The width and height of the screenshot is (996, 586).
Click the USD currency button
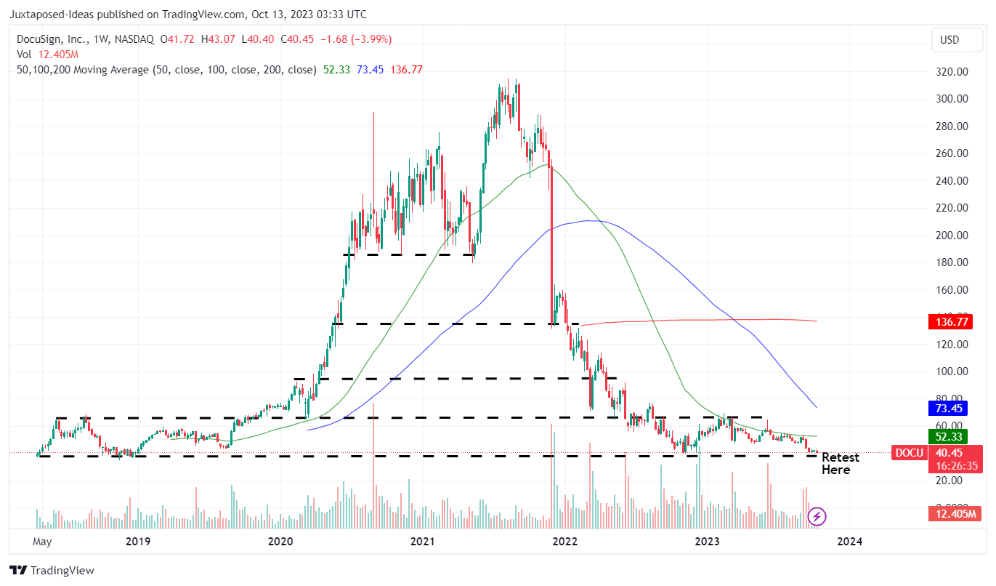(950, 40)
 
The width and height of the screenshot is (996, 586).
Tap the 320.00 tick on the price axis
(952, 72)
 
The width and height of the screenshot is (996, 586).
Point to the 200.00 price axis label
(952, 236)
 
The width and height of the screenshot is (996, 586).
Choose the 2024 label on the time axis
(849, 541)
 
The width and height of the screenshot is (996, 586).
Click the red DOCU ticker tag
(909, 453)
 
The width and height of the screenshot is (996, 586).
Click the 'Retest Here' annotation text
(840, 464)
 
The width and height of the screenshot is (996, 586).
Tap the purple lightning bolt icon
(817, 517)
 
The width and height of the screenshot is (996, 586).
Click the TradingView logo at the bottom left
(52, 571)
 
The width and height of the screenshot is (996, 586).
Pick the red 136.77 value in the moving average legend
(407, 70)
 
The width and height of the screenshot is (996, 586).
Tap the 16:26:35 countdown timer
(952, 467)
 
